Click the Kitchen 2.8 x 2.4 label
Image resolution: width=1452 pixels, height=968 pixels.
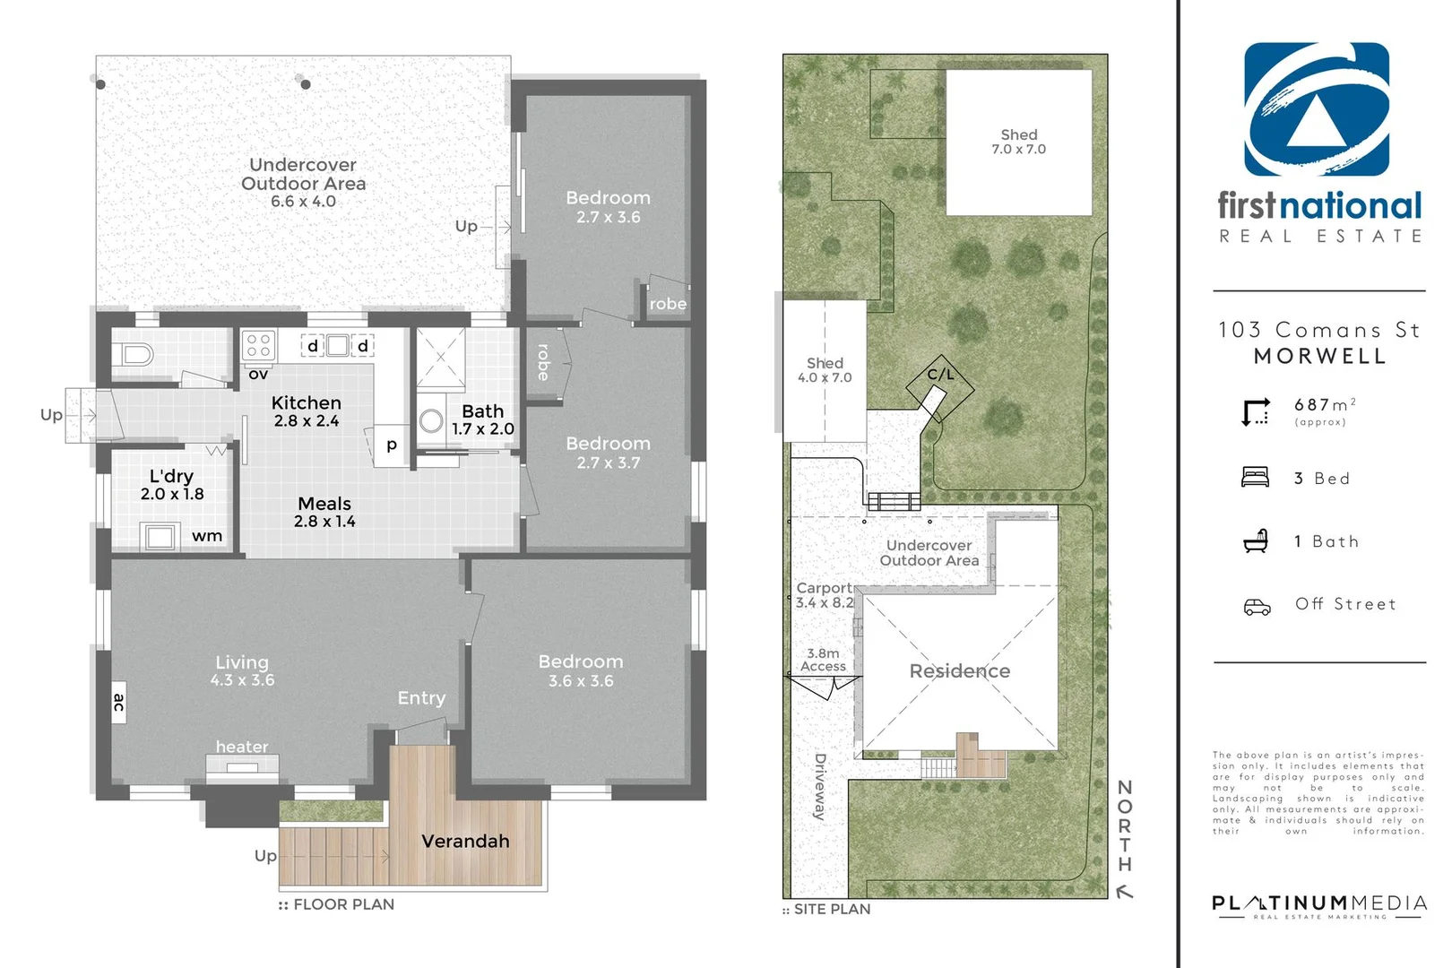pos(307,411)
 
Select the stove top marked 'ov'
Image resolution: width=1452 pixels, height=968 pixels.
pos(259,345)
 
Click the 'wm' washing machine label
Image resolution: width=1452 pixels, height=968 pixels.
pos(207,536)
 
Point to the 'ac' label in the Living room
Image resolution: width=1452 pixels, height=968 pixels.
pos(119,703)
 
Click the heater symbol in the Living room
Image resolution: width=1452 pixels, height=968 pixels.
pos(242,766)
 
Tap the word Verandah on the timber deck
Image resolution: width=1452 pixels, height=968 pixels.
pos(465,841)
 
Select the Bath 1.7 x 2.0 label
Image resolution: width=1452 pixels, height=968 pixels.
pos(483,419)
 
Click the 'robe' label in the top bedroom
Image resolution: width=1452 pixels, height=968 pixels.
pos(668,304)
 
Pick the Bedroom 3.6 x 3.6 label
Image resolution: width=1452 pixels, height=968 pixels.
pos(581,670)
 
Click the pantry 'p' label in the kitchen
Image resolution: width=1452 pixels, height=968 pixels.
pos(392,444)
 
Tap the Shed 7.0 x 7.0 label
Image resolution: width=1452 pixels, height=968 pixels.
pos(1019,142)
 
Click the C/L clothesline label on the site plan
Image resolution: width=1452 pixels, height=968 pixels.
pos(940,375)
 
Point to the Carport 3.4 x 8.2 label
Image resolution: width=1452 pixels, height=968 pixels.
pos(825,595)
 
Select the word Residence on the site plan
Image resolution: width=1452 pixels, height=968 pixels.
pos(960,671)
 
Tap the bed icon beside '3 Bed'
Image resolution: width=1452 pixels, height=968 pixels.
pos(1255,477)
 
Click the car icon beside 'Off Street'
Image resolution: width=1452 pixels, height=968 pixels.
pos(1257,607)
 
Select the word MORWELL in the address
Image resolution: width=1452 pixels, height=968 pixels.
pos(1319,356)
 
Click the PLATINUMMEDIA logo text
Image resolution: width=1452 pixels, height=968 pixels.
pos(1318,903)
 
